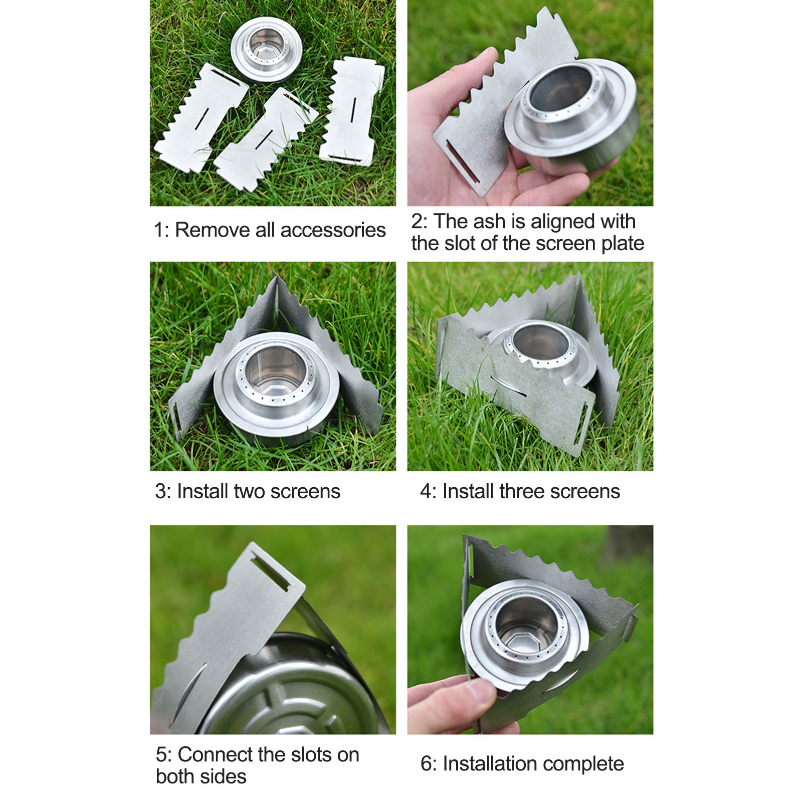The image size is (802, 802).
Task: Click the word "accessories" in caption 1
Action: pyautogui.click(x=333, y=230)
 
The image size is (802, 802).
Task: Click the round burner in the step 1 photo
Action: pyautogui.click(x=266, y=49)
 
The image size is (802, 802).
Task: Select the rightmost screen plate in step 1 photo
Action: pyautogui.click(x=352, y=111)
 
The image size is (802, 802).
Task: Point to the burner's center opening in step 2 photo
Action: pyautogui.click(x=563, y=88)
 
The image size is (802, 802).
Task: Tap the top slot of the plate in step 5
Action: pyautogui.click(x=270, y=573)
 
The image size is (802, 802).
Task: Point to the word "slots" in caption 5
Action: pyautogui.click(x=312, y=754)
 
